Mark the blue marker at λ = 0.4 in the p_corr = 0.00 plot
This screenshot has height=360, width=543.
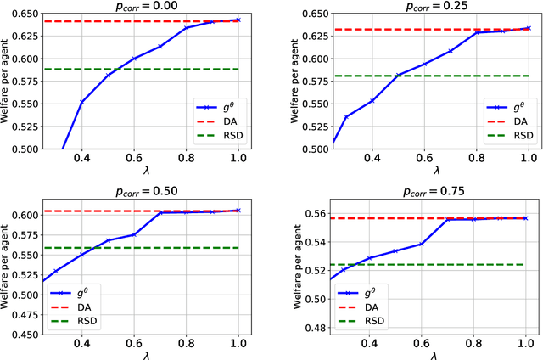(x=81, y=102)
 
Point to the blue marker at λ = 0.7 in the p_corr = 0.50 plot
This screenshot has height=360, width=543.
(x=161, y=212)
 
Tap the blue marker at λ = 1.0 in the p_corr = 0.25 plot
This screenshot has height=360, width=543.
(x=527, y=28)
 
